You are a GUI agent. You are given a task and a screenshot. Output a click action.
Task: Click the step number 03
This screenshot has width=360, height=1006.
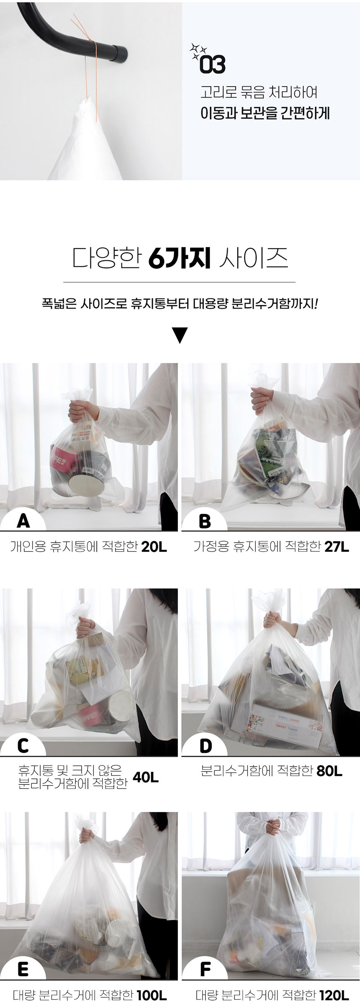coord(213,64)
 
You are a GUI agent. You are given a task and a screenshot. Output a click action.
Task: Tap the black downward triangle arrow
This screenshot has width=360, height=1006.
coord(180,335)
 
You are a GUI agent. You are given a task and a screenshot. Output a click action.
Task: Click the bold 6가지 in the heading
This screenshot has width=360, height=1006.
coord(179,259)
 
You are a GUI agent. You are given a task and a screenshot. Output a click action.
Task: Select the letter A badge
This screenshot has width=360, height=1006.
coord(23,521)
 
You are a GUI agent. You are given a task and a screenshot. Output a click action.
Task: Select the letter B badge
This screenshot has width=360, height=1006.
coord(205,521)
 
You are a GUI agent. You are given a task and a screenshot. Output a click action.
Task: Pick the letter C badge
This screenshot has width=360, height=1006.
coord(23,746)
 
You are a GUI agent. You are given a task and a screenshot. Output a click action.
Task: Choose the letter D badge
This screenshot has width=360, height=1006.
coord(206,746)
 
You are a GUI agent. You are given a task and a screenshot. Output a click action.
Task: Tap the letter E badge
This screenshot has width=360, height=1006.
coord(23,969)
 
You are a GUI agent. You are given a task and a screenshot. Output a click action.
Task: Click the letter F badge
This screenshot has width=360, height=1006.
coord(206,969)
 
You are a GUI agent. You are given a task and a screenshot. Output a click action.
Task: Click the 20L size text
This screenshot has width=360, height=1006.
coord(154,547)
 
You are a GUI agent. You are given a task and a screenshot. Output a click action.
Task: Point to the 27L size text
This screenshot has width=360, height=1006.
coord(337,547)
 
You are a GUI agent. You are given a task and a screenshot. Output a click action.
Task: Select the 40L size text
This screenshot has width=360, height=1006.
coord(146,777)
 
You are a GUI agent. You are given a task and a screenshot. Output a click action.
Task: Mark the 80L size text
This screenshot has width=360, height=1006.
coord(329,771)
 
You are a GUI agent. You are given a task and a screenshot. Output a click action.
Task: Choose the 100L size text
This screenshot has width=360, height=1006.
coord(152,995)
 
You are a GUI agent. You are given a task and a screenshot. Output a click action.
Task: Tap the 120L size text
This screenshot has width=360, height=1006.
coord(334,995)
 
